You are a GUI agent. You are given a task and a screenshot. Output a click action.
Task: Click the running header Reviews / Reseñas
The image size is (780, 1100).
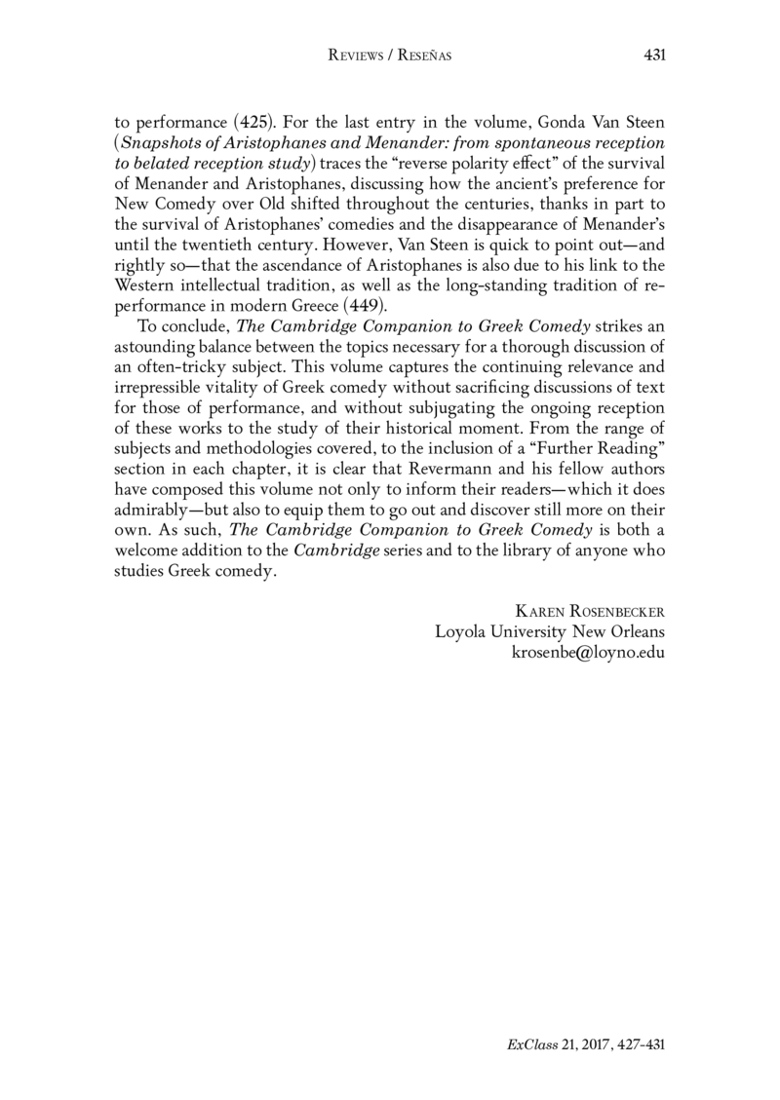(x=390, y=57)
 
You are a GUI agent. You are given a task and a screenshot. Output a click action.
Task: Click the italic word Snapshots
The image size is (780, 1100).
(x=161, y=143)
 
